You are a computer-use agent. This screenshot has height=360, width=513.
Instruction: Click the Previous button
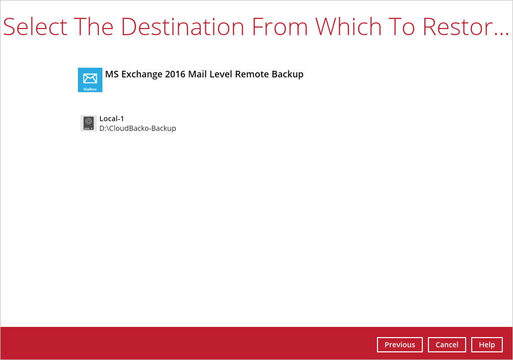(x=399, y=345)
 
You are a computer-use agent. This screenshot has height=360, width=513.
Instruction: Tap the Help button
(x=487, y=345)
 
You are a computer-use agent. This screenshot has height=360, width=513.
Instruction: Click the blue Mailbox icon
(x=90, y=80)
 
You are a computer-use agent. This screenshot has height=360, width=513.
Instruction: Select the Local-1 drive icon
(x=88, y=123)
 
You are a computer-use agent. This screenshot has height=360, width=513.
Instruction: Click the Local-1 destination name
(x=112, y=119)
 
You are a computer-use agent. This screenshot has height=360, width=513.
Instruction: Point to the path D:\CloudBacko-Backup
(x=138, y=128)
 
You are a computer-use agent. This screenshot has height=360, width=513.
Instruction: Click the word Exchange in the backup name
(x=142, y=74)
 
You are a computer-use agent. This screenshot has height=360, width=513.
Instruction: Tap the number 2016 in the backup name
(x=175, y=74)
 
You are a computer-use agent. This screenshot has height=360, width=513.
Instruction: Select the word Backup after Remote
(x=288, y=74)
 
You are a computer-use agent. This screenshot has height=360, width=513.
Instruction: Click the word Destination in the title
(x=182, y=26)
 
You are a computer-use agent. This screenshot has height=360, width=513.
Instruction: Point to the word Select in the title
(x=35, y=26)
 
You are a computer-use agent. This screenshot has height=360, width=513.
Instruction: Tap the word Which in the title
(x=348, y=26)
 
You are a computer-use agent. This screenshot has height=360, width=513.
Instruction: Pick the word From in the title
(x=280, y=26)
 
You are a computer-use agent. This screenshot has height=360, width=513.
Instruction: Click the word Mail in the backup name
(x=197, y=74)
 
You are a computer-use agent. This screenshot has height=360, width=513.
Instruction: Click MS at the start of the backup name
(x=112, y=74)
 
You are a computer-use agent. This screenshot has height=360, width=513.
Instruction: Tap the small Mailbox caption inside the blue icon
(x=90, y=89)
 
